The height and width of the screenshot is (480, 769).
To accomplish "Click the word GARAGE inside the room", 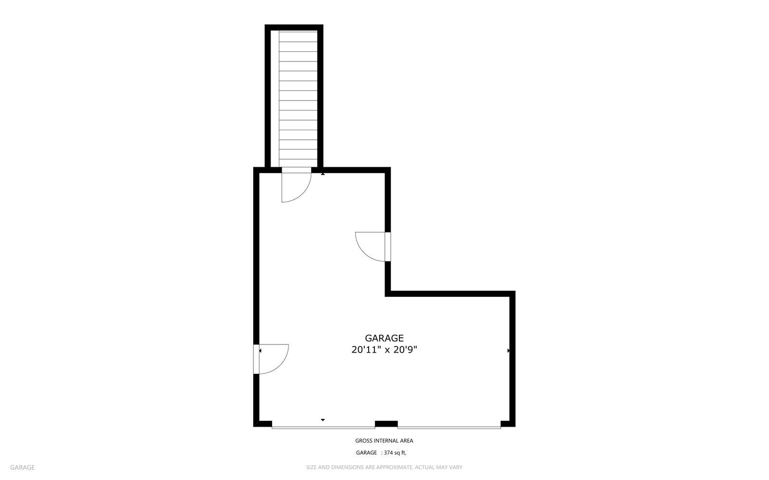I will (x=384, y=338).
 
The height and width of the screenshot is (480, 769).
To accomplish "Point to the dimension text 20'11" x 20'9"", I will (x=384, y=350).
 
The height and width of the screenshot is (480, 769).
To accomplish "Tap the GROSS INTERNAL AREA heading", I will (x=384, y=441).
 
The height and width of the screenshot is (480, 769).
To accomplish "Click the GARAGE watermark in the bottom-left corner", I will (x=22, y=467).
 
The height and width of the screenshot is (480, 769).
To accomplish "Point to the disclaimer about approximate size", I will (x=384, y=467).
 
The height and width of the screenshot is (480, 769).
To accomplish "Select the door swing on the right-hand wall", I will (x=371, y=246).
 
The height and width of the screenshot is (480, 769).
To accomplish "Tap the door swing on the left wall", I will (x=273, y=358).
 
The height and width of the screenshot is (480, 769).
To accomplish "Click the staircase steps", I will (x=298, y=96).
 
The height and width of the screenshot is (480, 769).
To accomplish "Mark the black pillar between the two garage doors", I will (x=386, y=424).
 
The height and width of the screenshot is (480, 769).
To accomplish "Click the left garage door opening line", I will (x=323, y=427).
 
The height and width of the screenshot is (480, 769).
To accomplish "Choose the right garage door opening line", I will (x=449, y=427).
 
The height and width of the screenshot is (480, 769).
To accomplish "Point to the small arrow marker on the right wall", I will (x=509, y=351).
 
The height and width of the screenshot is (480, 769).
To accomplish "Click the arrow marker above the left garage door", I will (x=323, y=420).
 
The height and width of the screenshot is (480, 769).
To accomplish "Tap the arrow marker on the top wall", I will (x=323, y=173).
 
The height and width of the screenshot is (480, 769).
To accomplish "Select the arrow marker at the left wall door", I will (x=260, y=351).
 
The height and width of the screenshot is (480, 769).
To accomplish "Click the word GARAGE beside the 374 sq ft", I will (x=366, y=453).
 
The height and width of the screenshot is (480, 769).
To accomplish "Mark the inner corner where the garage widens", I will (x=388, y=293).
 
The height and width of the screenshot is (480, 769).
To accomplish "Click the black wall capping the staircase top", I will (x=294, y=27).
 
